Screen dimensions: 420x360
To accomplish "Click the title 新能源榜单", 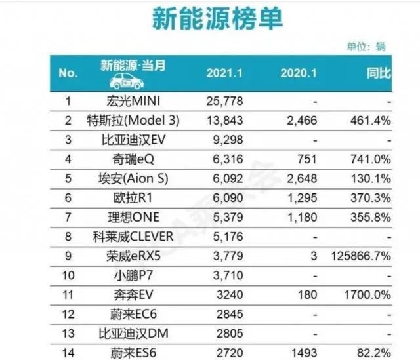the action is click(217, 18).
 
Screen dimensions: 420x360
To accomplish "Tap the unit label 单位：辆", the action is click(366, 47).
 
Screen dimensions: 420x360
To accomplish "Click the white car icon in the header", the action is click(127, 81).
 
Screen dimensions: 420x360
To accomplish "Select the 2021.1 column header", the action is click(224, 73).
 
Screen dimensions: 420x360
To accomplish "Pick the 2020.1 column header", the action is click(299, 73).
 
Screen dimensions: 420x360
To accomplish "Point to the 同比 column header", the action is click(379, 73).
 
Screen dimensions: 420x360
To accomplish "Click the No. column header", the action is click(68, 73).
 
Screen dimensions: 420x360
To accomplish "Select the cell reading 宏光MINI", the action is click(133, 101).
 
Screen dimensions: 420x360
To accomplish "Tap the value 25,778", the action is click(224, 101).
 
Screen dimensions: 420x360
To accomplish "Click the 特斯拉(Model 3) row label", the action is click(133, 121).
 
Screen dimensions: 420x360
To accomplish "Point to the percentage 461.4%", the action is click(370, 121).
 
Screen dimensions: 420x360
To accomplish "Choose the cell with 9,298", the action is click(228, 140).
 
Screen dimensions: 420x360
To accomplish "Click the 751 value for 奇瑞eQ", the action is click(307, 159).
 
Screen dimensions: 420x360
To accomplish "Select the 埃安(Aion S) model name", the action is click(133, 178).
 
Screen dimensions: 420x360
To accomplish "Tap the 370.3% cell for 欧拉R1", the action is click(370, 198).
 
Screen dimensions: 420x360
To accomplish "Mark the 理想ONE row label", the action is click(133, 217).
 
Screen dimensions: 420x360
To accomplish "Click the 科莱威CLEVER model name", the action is click(133, 237).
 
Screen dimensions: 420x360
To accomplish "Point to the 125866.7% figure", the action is click(361, 256).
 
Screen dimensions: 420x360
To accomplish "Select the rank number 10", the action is click(68, 275).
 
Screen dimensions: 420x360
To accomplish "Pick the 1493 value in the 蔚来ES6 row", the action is click(304, 353).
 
